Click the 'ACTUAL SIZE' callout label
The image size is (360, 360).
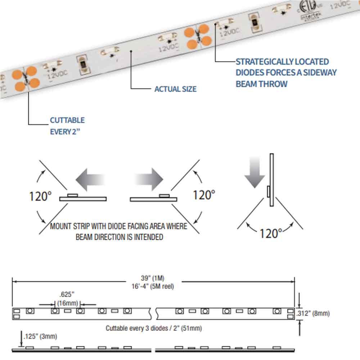(x=175, y=89)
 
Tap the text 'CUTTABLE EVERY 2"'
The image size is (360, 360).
(x=67, y=126)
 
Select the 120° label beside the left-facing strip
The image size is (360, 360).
(x=40, y=196)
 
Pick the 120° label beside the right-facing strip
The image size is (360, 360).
(x=204, y=195)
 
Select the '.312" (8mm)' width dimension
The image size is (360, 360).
(x=312, y=313)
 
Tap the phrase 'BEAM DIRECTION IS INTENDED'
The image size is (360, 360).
(x=119, y=237)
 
